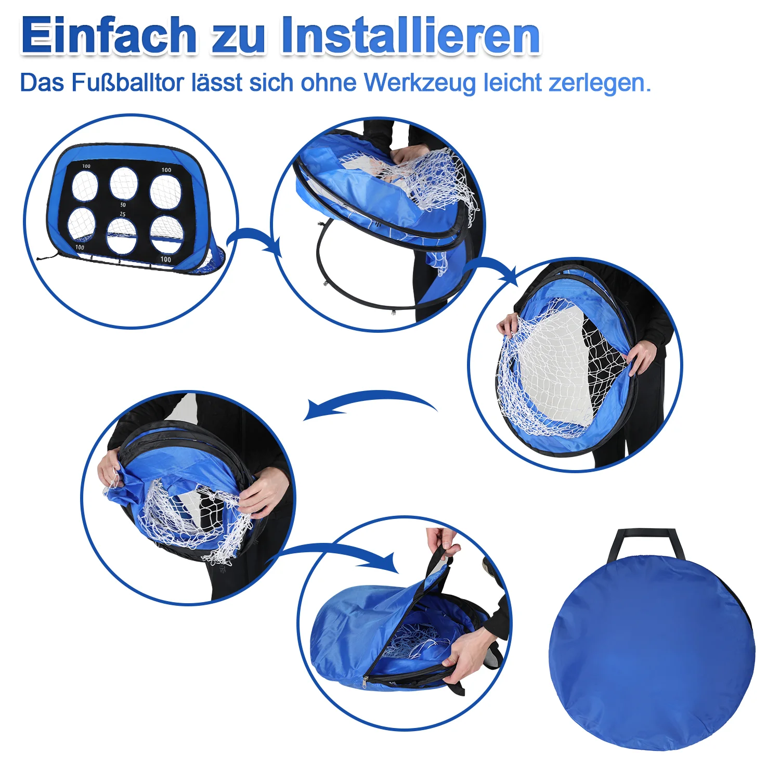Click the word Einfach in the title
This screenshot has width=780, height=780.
pyautogui.click(x=109, y=35)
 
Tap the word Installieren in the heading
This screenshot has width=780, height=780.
pyautogui.click(x=410, y=35)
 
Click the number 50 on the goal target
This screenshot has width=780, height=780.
pyautogui.click(x=123, y=204)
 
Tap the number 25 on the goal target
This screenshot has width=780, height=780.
pyautogui.click(x=123, y=214)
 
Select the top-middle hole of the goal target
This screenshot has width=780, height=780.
pyautogui.click(x=124, y=183)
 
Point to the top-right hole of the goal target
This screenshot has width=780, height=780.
pyautogui.click(x=166, y=191)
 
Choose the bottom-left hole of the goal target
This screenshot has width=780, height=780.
pyautogui.click(x=82, y=225)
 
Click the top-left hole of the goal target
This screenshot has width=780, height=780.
pyautogui.click(x=85, y=186)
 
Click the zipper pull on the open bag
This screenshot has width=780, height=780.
pyautogui.click(x=365, y=680)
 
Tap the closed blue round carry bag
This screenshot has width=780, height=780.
pyautogui.click(x=652, y=651)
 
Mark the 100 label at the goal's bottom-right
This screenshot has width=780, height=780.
pyautogui.click(x=165, y=259)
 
